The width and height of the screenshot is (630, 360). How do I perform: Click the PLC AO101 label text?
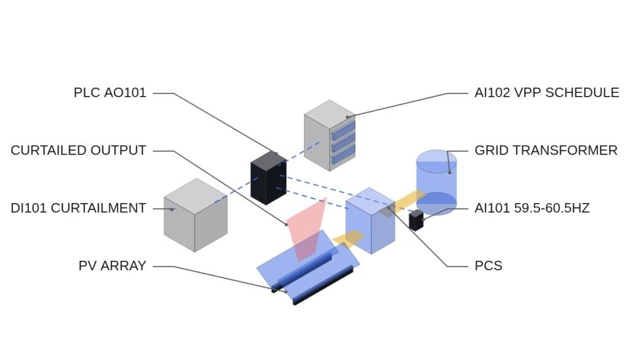pos(110,93)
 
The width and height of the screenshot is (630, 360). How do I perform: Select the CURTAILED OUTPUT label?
pos(78,150)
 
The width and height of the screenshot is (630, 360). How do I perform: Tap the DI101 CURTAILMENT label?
pos(78,208)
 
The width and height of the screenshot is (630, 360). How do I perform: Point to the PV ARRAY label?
pos(112,266)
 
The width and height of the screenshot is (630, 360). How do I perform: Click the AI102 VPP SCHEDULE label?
pos(547,93)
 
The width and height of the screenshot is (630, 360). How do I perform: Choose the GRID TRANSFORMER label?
pos(546,150)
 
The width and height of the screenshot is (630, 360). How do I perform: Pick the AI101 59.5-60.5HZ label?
pos(532,208)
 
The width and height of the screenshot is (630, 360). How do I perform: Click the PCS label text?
pos(488,266)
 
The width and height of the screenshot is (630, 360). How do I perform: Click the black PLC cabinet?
pos(268,178)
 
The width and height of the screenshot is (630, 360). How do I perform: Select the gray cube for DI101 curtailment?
pos(196,215)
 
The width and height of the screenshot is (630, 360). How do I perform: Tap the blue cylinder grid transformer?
pos(436,183)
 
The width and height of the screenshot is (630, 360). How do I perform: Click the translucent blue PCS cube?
pos(370,220)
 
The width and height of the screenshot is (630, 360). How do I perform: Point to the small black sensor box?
pos(417,220)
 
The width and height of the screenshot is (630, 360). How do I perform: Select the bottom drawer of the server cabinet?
pos(343,154)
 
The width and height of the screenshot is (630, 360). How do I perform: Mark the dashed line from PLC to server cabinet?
pos(302,152)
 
